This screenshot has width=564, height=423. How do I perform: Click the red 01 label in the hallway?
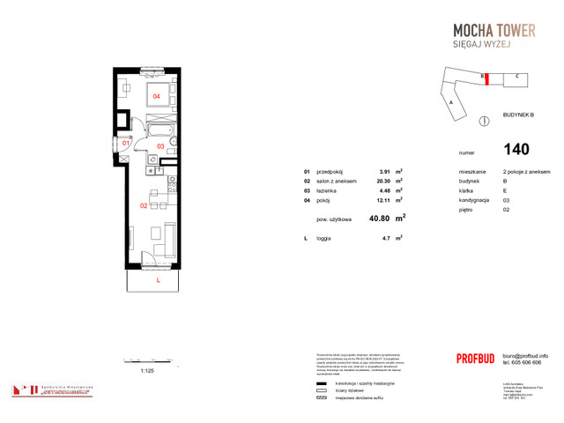point(126,142)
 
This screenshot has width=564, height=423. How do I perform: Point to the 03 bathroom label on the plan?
point(161,146)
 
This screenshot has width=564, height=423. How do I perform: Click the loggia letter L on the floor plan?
point(158,279)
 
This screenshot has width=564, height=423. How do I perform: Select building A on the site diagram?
point(451,102)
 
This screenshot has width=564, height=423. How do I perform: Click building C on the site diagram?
point(516,77)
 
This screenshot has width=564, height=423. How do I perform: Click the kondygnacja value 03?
point(506,200)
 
